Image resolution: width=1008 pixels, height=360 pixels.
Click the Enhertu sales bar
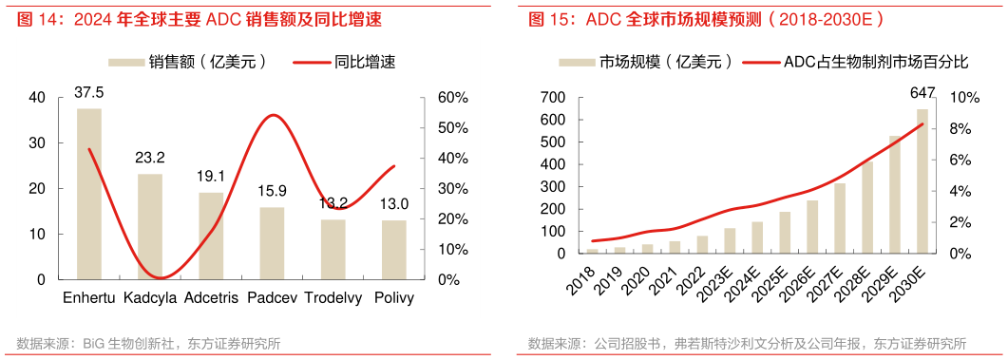[89, 194]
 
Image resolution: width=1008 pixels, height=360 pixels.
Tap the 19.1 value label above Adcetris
[210, 177]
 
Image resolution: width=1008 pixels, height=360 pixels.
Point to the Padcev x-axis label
[271, 298]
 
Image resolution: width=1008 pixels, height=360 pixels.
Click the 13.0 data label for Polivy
[392, 204]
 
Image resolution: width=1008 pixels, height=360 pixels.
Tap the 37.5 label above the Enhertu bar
[89, 92]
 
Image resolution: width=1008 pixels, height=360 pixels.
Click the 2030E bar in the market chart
[922, 181]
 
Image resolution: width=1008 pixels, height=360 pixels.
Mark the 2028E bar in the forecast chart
[866, 207]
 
